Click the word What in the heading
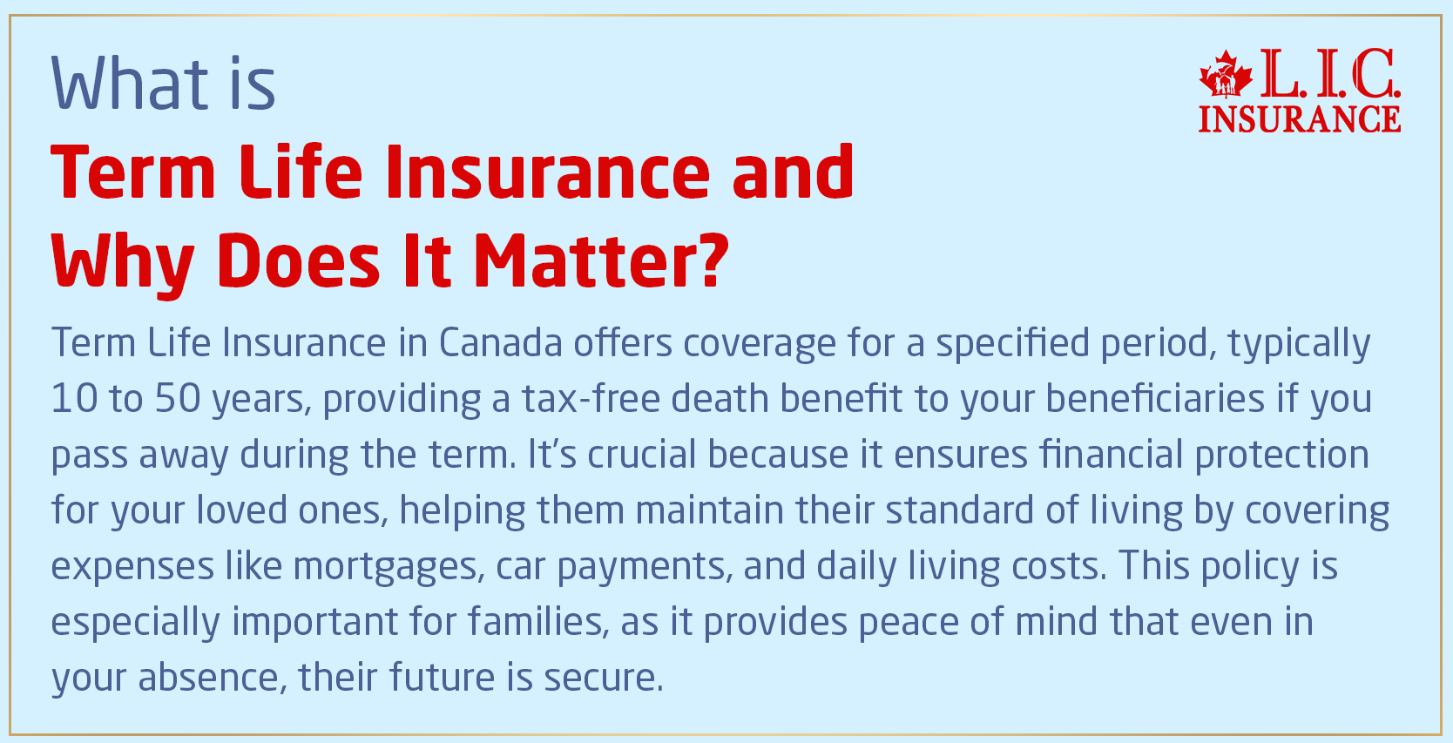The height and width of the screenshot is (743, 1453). pyautogui.click(x=130, y=84)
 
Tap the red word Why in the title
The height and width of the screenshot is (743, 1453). pyautogui.click(x=122, y=261)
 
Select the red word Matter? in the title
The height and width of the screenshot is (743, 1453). pyautogui.click(x=600, y=261)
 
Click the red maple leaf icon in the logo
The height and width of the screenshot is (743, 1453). pyautogui.click(x=1225, y=75)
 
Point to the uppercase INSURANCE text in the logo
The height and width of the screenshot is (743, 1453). pyautogui.click(x=1299, y=119)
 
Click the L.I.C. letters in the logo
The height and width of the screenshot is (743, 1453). pyautogui.click(x=1329, y=75)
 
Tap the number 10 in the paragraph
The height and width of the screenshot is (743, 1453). pyautogui.click(x=74, y=399)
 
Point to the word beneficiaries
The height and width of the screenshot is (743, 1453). pyautogui.click(x=1155, y=399)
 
